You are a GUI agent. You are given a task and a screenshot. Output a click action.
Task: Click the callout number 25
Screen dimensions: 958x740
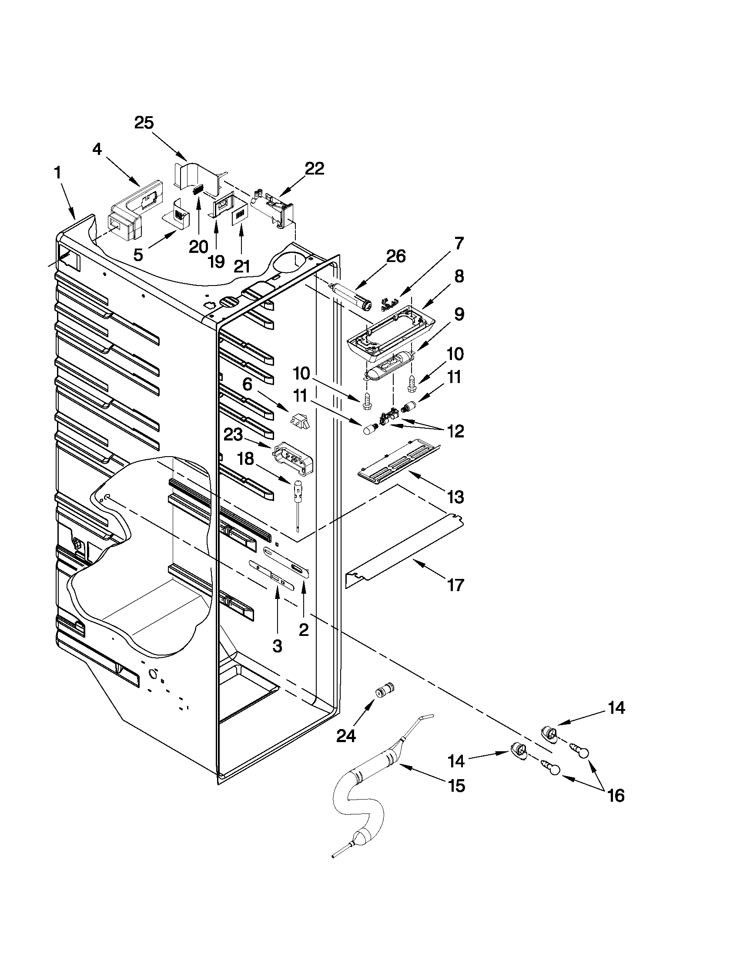pos(144,123)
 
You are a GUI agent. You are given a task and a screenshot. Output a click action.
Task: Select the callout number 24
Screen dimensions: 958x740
pos(346,736)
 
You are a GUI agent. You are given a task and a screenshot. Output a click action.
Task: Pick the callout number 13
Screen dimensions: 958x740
pos(455,497)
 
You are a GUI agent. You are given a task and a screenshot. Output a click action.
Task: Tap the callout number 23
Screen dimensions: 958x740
pos(233,435)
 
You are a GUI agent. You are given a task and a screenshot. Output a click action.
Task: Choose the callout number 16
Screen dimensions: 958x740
pos(616,795)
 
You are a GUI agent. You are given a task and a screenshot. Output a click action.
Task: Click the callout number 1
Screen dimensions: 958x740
pos(57,173)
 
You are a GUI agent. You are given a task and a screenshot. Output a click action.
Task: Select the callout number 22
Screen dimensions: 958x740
pos(315,168)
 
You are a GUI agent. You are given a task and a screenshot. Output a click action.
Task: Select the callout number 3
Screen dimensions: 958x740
pos(277,645)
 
